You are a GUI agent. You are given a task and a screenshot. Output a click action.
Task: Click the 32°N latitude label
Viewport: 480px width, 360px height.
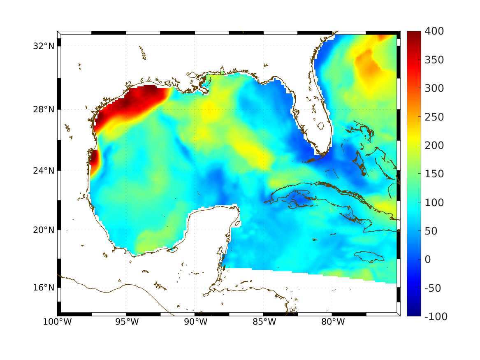[x=44, y=46]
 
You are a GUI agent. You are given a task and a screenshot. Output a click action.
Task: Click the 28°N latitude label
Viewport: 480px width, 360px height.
[x=44, y=109]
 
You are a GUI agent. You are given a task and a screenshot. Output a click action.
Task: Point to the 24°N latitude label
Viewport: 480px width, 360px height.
[x=44, y=170]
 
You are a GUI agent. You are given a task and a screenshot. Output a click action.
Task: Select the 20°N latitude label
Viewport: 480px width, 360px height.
[x=44, y=230]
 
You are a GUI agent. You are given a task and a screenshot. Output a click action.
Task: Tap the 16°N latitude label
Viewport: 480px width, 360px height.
[x=44, y=288]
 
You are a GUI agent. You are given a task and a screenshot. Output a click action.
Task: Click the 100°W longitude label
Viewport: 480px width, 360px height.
[x=57, y=322]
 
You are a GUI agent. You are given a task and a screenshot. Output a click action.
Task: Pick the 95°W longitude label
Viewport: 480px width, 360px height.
[x=126, y=322]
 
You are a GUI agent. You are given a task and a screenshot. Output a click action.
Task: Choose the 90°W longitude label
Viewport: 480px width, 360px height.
[x=195, y=322]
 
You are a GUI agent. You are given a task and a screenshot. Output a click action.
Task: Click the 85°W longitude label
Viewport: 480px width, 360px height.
[x=264, y=322]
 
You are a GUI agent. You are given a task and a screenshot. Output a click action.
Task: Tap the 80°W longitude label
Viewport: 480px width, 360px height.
[x=332, y=322]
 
